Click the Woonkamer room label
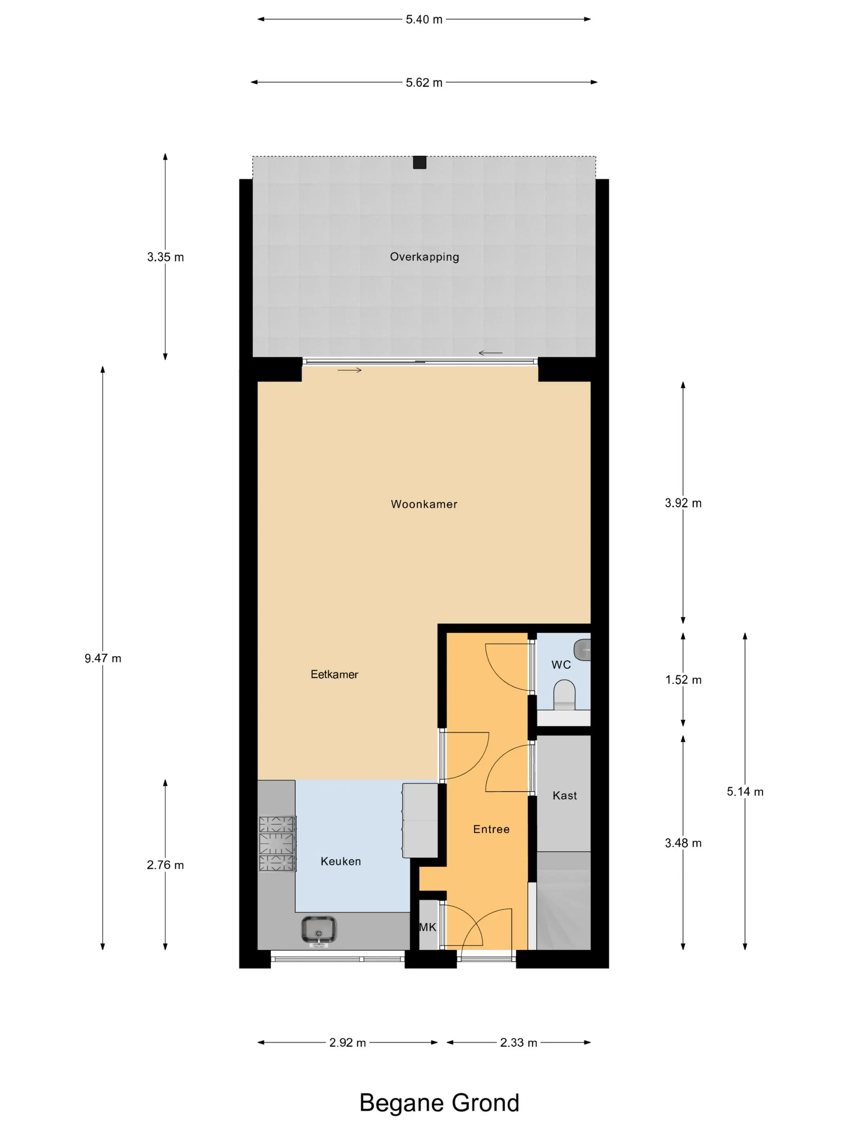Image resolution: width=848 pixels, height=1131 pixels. [x=424, y=504]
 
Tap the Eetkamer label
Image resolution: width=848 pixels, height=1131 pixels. [x=334, y=675]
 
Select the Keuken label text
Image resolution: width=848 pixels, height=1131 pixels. [x=340, y=861]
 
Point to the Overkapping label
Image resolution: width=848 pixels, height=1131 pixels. [x=424, y=256]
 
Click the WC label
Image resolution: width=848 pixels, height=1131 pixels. [x=561, y=665]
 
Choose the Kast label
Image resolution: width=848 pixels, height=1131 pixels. [x=564, y=796]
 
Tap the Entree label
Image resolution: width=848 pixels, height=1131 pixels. [x=491, y=829]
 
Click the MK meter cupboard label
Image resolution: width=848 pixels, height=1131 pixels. [x=428, y=927]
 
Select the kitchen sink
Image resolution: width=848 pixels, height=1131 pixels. [x=319, y=929]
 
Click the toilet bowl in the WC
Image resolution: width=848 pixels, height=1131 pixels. [x=564, y=694]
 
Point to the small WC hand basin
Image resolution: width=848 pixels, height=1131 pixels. [x=582, y=650]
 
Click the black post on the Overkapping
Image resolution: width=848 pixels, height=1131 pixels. [x=420, y=162]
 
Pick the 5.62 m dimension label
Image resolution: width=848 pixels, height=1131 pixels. [x=424, y=82]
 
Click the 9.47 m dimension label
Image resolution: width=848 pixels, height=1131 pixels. [x=103, y=658]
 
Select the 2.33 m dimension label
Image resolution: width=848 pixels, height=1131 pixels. [x=518, y=1043]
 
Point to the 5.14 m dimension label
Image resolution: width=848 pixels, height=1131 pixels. [x=745, y=791]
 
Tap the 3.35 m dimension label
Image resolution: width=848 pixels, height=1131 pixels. [x=165, y=257]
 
